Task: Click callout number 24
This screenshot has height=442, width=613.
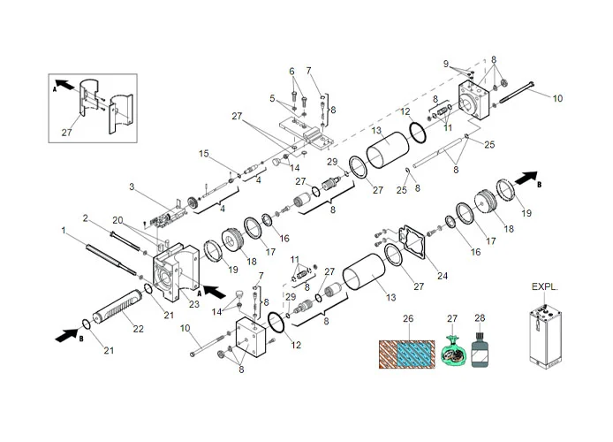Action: tap(443, 276)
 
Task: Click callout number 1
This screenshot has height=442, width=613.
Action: tap(64, 231)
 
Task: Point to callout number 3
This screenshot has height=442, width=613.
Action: tap(131, 187)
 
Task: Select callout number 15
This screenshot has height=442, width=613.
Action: tap(203, 154)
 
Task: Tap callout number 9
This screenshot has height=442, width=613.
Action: tap(447, 63)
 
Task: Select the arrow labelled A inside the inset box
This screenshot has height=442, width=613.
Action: tap(64, 89)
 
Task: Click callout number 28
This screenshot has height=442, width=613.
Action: tap(480, 317)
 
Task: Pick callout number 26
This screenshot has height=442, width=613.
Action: tap(407, 317)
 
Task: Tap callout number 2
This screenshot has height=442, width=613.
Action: tap(86, 217)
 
